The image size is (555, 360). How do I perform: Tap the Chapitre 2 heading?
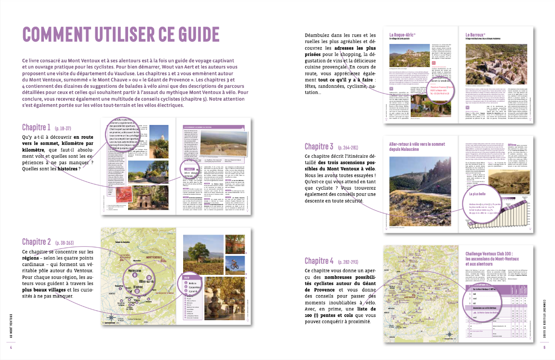point(37,242)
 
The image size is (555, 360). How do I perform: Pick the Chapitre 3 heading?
point(319,147)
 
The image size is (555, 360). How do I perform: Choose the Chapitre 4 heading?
point(319,261)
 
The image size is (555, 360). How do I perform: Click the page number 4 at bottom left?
point(11,347)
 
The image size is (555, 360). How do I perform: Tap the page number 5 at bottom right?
point(544,347)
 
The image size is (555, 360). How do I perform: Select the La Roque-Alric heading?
point(402,35)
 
